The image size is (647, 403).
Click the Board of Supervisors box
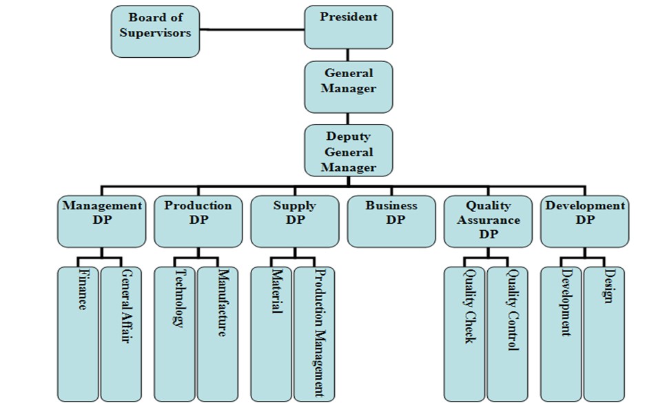click(155, 32)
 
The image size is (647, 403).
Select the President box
click(349, 28)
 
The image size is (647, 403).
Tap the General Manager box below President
click(349, 87)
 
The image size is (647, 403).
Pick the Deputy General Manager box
click(349, 151)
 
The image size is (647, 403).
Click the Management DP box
click(101, 222)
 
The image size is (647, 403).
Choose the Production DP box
click(198, 222)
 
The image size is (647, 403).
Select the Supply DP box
click(295, 222)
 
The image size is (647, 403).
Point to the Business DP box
click(391, 222)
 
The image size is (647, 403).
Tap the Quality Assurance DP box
click(488, 222)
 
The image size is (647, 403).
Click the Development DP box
click(585, 222)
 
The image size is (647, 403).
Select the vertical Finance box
click(78, 334)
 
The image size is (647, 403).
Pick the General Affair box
click(121, 334)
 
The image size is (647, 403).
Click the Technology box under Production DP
click(175, 334)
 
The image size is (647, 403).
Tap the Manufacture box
click(218, 334)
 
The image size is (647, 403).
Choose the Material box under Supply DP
click(271, 334)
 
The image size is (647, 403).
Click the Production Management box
click(314, 334)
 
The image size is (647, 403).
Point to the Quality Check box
click(464, 334)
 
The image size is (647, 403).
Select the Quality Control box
click(507, 334)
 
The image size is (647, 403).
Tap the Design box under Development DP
click(604, 334)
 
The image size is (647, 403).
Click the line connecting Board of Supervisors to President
click(252, 30)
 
